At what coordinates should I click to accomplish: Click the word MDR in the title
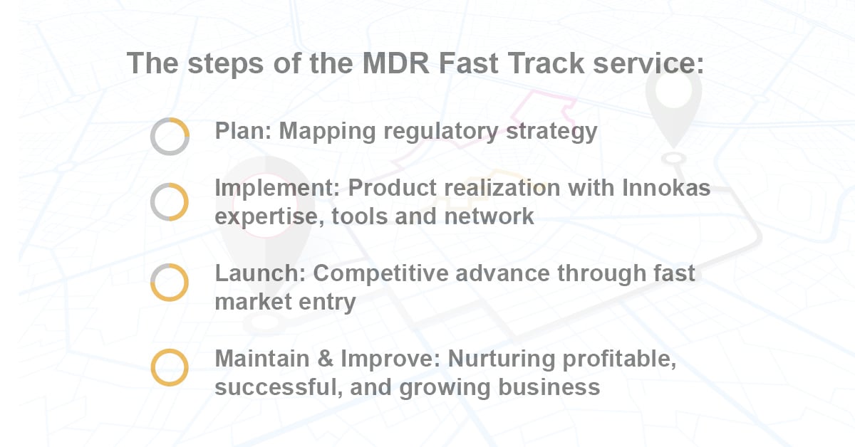[x=396, y=63]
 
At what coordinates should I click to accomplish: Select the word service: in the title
[x=648, y=63]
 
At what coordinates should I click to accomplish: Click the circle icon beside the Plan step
[x=170, y=118]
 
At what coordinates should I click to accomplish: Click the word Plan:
[x=243, y=131]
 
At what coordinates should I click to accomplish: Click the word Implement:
[x=277, y=189]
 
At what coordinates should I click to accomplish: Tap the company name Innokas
[x=666, y=188]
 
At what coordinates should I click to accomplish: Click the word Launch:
[x=260, y=273]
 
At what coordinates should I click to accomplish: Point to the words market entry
[x=285, y=302]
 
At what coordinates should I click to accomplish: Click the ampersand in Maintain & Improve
[x=325, y=359]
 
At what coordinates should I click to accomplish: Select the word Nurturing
[x=501, y=359]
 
